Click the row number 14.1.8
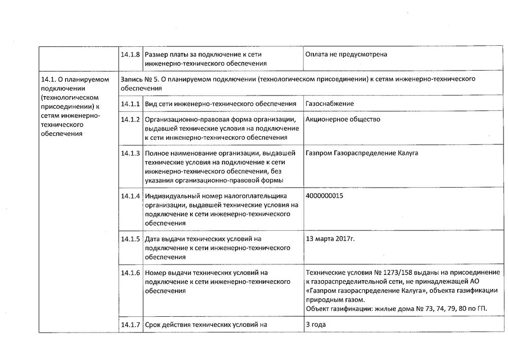coord(131,54)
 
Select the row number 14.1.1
coord(131,104)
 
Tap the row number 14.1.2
coord(131,119)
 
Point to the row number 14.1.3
coord(131,153)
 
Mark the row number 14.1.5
coord(131,238)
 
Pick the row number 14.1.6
coord(131,273)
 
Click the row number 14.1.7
coord(131,324)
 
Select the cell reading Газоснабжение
coord(330,104)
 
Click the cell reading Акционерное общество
coord(343,119)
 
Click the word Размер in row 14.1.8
coord(157,54)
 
